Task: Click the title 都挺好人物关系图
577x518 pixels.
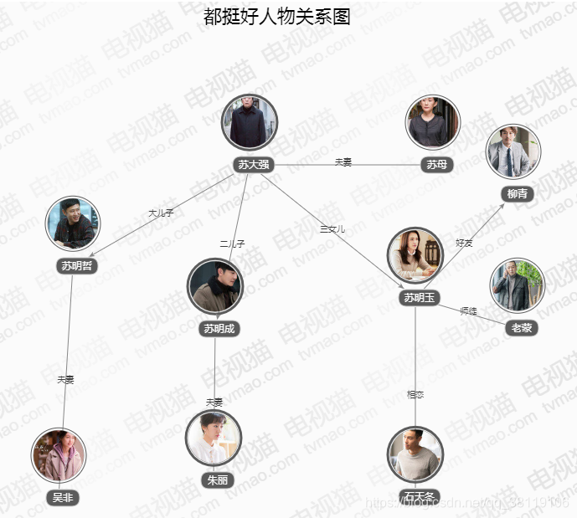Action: (277, 17)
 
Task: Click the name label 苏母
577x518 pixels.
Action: (436, 165)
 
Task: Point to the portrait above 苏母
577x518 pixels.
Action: (432, 123)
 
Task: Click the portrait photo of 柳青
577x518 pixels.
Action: (513, 151)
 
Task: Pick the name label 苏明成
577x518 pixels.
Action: (220, 329)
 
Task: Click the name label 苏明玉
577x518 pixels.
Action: (420, 298)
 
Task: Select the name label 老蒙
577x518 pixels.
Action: (521, 328)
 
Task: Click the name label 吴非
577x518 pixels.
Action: (63, 498)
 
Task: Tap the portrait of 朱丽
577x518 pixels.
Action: (214, 438)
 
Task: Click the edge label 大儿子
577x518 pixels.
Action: (161, 213)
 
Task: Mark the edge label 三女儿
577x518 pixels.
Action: (332, 228)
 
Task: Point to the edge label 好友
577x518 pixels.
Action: (464, 243)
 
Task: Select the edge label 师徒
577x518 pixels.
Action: (468, 311)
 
